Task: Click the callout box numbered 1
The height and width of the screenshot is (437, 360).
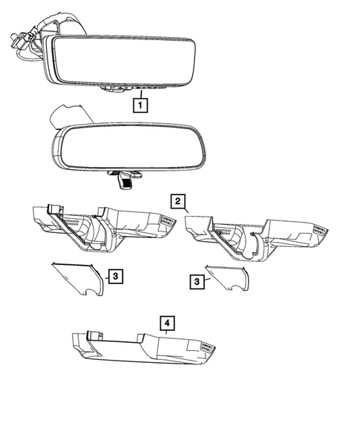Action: pos(139,105)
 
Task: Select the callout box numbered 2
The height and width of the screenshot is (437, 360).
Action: pos(177,201)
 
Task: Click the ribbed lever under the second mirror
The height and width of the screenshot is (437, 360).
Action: pos(129,179)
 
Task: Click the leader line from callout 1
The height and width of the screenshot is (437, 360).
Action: pos(139,93)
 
